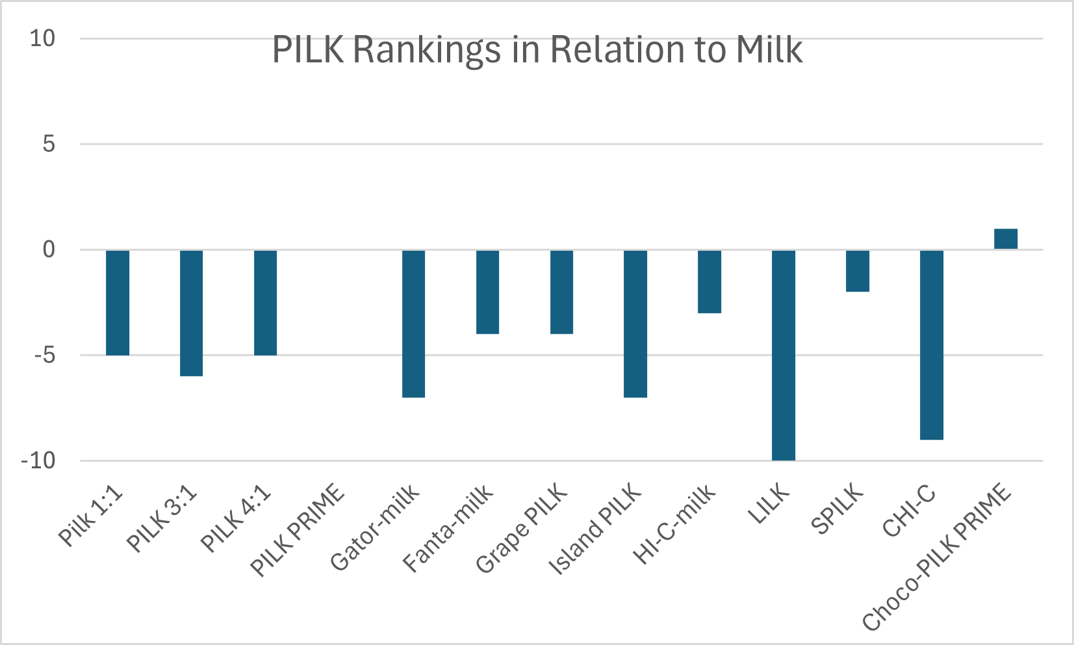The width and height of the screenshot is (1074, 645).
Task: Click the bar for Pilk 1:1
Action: pos(118,303)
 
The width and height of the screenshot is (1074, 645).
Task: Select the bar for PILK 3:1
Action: pos(191,313)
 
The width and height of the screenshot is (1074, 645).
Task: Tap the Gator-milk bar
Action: pos(413,323)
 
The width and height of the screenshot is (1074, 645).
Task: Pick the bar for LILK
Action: pos(783,355)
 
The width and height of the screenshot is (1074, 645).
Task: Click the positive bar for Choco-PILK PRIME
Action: pos(1005,239)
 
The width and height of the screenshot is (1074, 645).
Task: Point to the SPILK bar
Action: pos(857,271)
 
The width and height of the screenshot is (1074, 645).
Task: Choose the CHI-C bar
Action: pos(931,345)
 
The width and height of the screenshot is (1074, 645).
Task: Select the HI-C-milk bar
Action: pos(709,281)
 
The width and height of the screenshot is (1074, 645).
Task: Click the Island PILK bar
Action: pos(635,323)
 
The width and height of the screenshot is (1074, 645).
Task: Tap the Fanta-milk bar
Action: pos(487,292)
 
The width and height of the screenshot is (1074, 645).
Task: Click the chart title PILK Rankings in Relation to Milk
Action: pos(537,49)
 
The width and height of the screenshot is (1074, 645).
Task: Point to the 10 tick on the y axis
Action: pos(43,38)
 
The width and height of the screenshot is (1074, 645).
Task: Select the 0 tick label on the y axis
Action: pos(49,249)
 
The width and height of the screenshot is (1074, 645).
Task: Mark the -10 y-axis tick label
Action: pos(38,461)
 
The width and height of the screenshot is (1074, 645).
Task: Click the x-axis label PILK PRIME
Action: pos(298,529)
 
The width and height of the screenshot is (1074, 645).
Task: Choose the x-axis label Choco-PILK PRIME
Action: pos(937,557)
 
